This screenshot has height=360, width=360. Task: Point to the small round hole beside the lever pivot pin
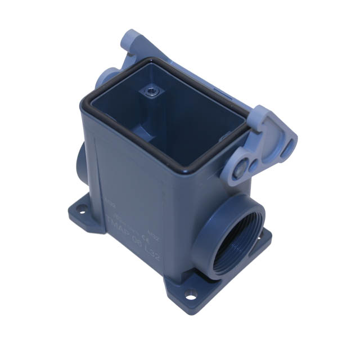(x=254, y=164)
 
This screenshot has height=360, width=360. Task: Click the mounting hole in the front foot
(x=190, y=293)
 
